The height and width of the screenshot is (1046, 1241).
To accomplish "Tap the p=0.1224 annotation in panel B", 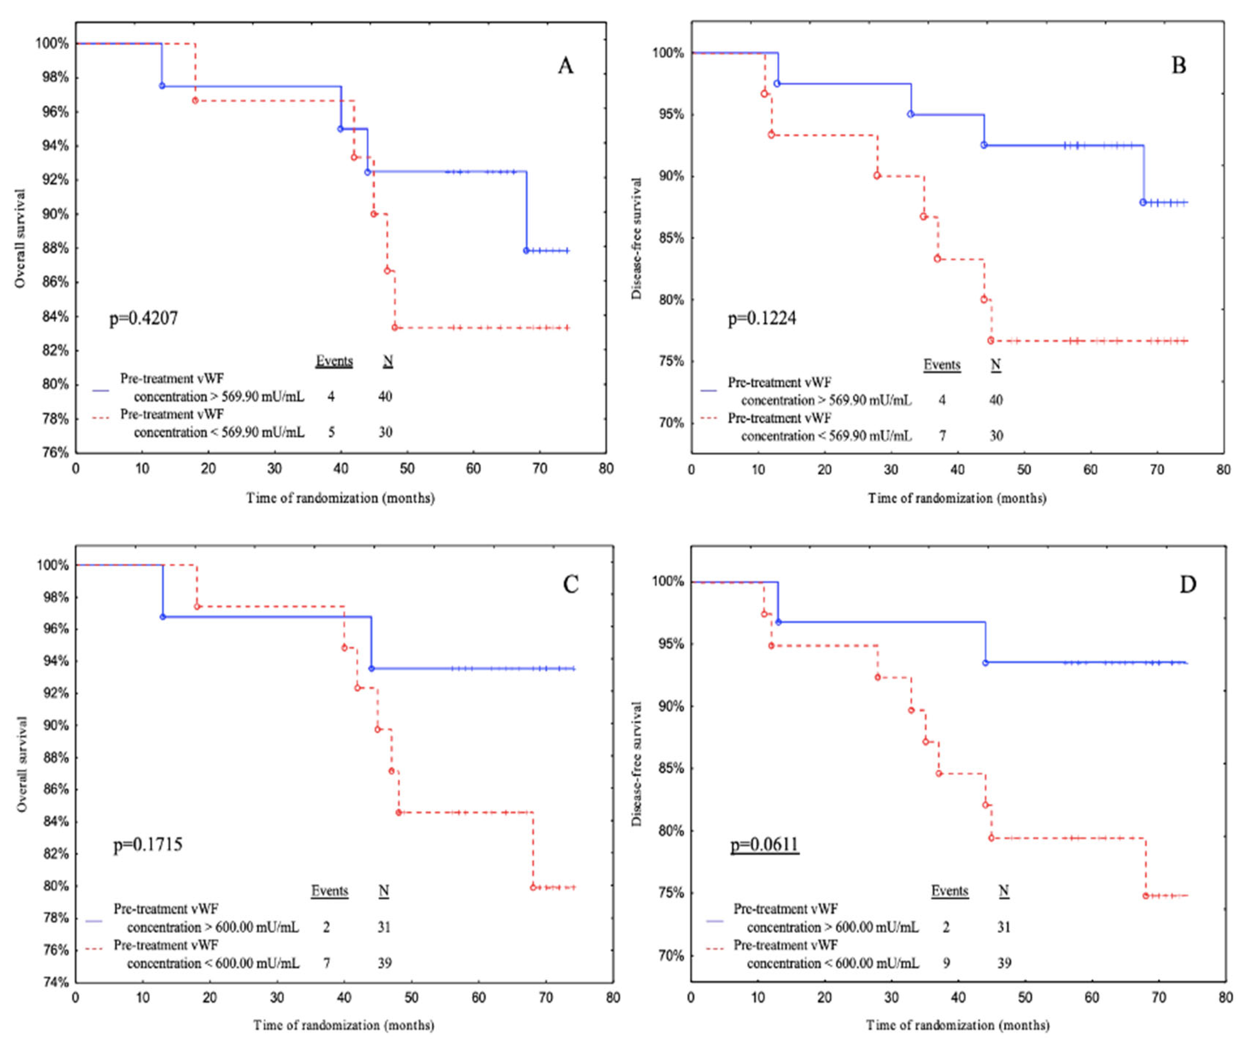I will coord(761,319).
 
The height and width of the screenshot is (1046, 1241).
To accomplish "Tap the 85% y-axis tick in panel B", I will coord(671,238).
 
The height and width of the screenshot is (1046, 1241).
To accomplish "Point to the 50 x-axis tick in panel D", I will coord(1025,998).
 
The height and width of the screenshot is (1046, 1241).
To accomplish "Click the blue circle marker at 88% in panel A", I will coord(526,250).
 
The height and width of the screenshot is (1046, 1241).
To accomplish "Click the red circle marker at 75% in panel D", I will coord(1146,896).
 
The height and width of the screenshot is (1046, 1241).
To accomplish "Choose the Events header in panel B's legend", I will coord(942,365).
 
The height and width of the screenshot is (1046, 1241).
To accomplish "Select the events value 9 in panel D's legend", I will coord(946,963).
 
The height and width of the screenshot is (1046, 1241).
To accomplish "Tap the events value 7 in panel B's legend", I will coord(942,436).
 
